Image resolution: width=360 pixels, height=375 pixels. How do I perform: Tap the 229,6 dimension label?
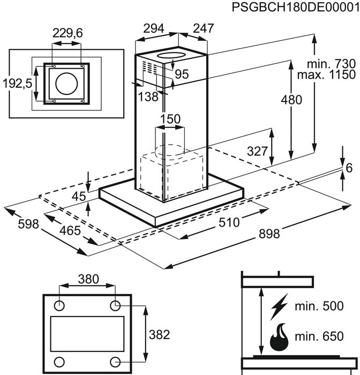(x=67, y=33)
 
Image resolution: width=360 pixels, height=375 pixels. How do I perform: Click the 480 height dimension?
(x=291, y=100)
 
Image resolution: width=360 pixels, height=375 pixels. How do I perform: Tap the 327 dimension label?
(x=257, y=151)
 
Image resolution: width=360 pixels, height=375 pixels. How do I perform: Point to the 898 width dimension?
(x=269, y=234)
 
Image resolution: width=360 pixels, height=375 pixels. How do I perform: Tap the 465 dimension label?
(x=70, y=231)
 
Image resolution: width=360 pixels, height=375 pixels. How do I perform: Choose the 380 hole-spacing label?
(x=88, y=279)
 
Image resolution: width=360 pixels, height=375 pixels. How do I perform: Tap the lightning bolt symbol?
(x=279, y=307)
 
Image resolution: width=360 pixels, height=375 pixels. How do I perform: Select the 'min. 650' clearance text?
(x=319, y=336)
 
